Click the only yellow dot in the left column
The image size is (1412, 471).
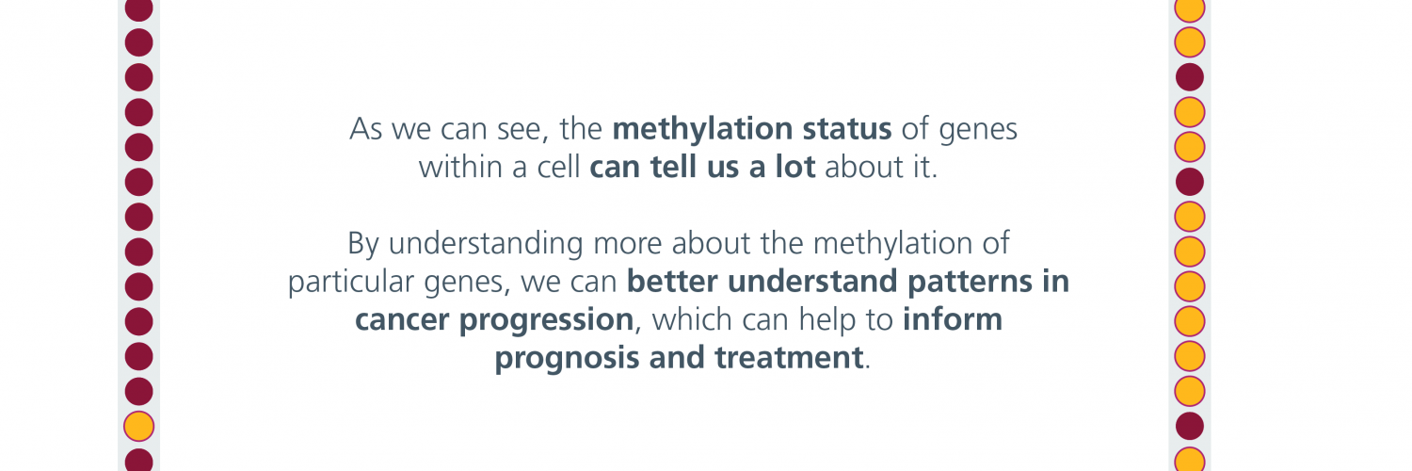point(138,426)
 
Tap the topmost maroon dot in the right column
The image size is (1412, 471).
point(1190,77)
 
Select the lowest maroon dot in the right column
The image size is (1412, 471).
point(1190,426)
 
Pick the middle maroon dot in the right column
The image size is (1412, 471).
point(1190,182)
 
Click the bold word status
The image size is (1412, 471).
point(846,129)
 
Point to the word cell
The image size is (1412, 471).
point(558,167)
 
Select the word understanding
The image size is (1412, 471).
point(486,244)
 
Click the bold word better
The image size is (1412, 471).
point(672,282)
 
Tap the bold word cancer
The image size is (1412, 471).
point(402,319)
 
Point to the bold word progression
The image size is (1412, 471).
point(546,320)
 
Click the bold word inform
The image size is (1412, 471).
point(953,319)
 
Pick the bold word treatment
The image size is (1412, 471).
point(789,358)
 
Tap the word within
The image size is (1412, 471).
point(460,167)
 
